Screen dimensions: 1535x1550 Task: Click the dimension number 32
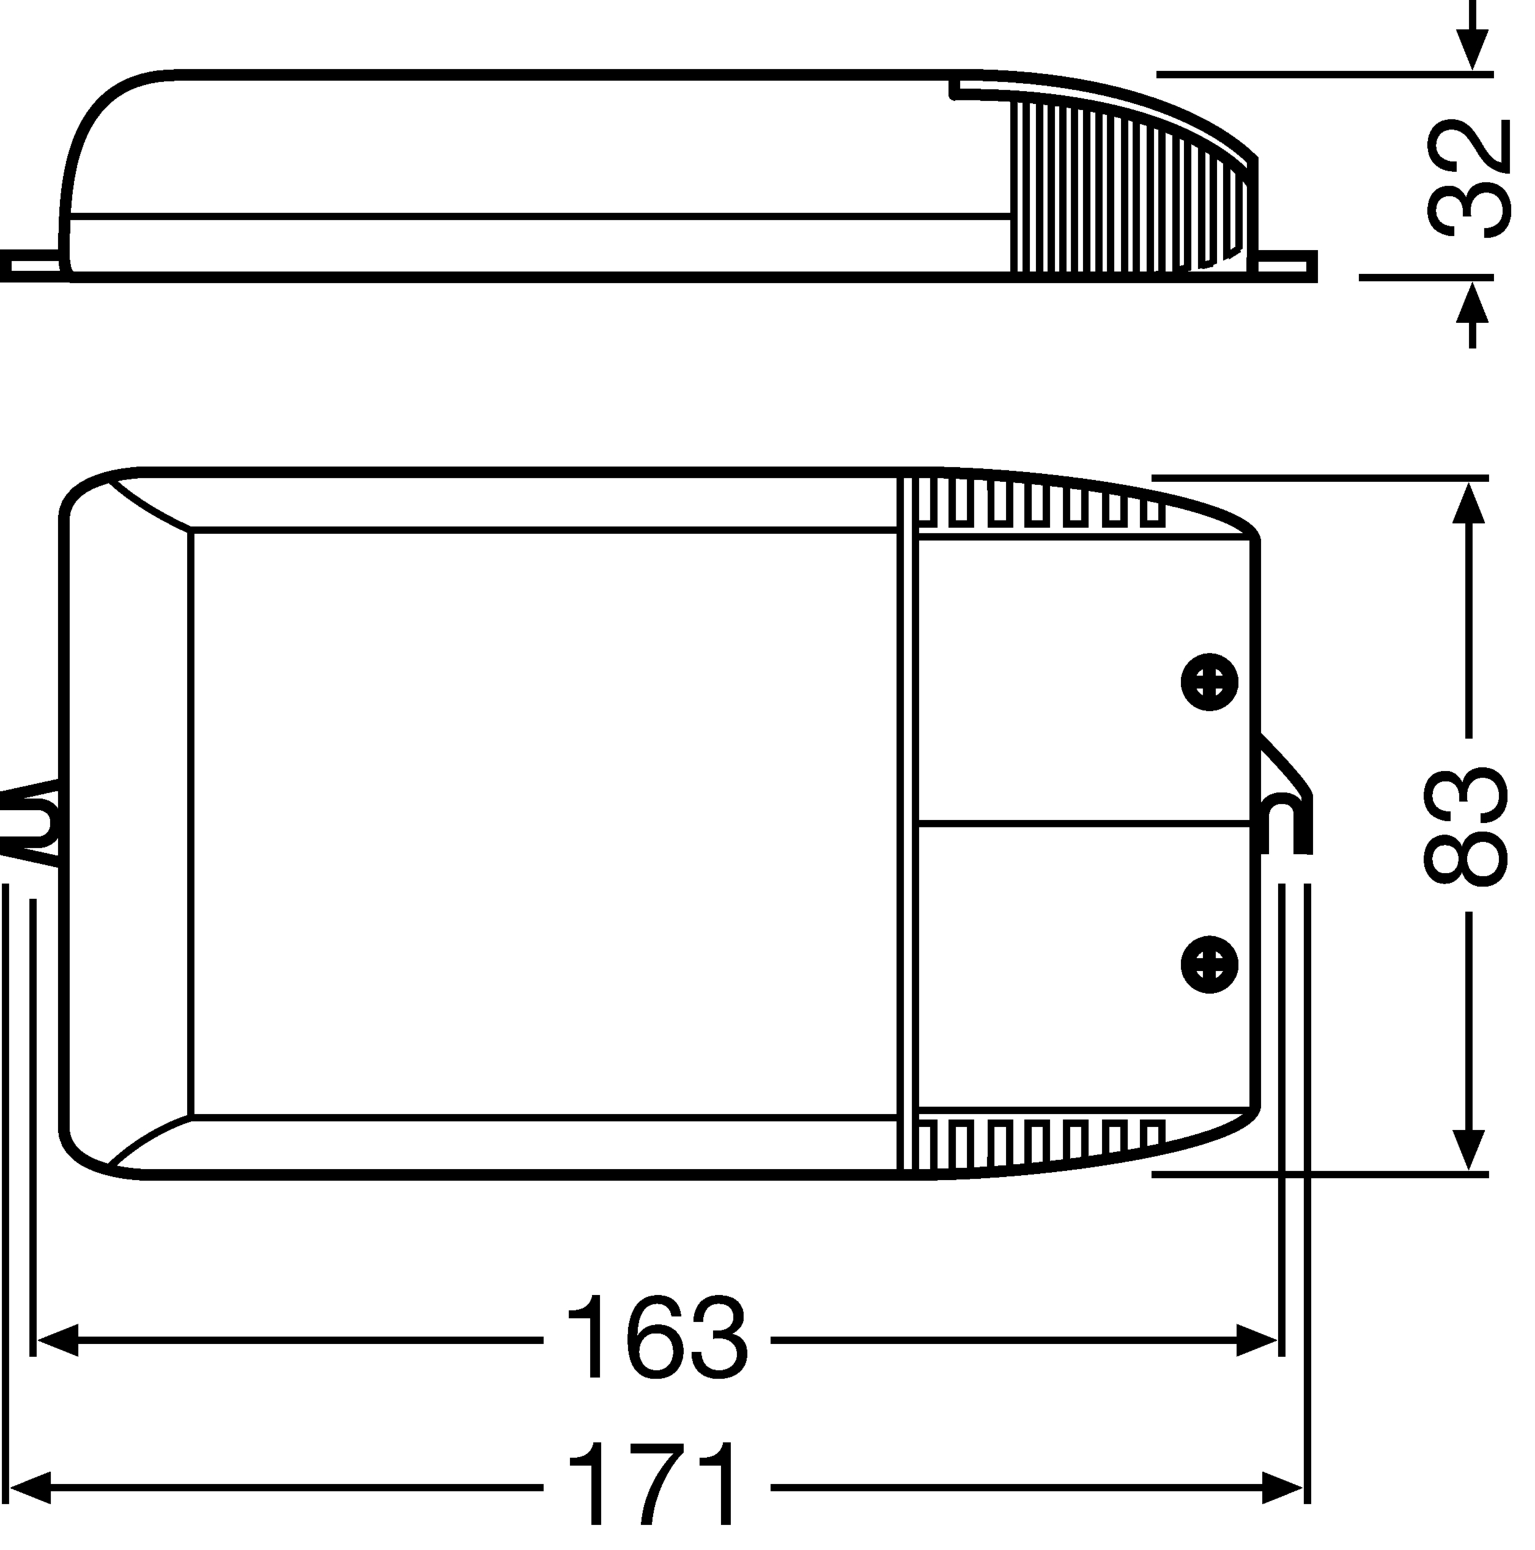(x=1468, y=179)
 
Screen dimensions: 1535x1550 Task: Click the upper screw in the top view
(x=1209, y=682)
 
